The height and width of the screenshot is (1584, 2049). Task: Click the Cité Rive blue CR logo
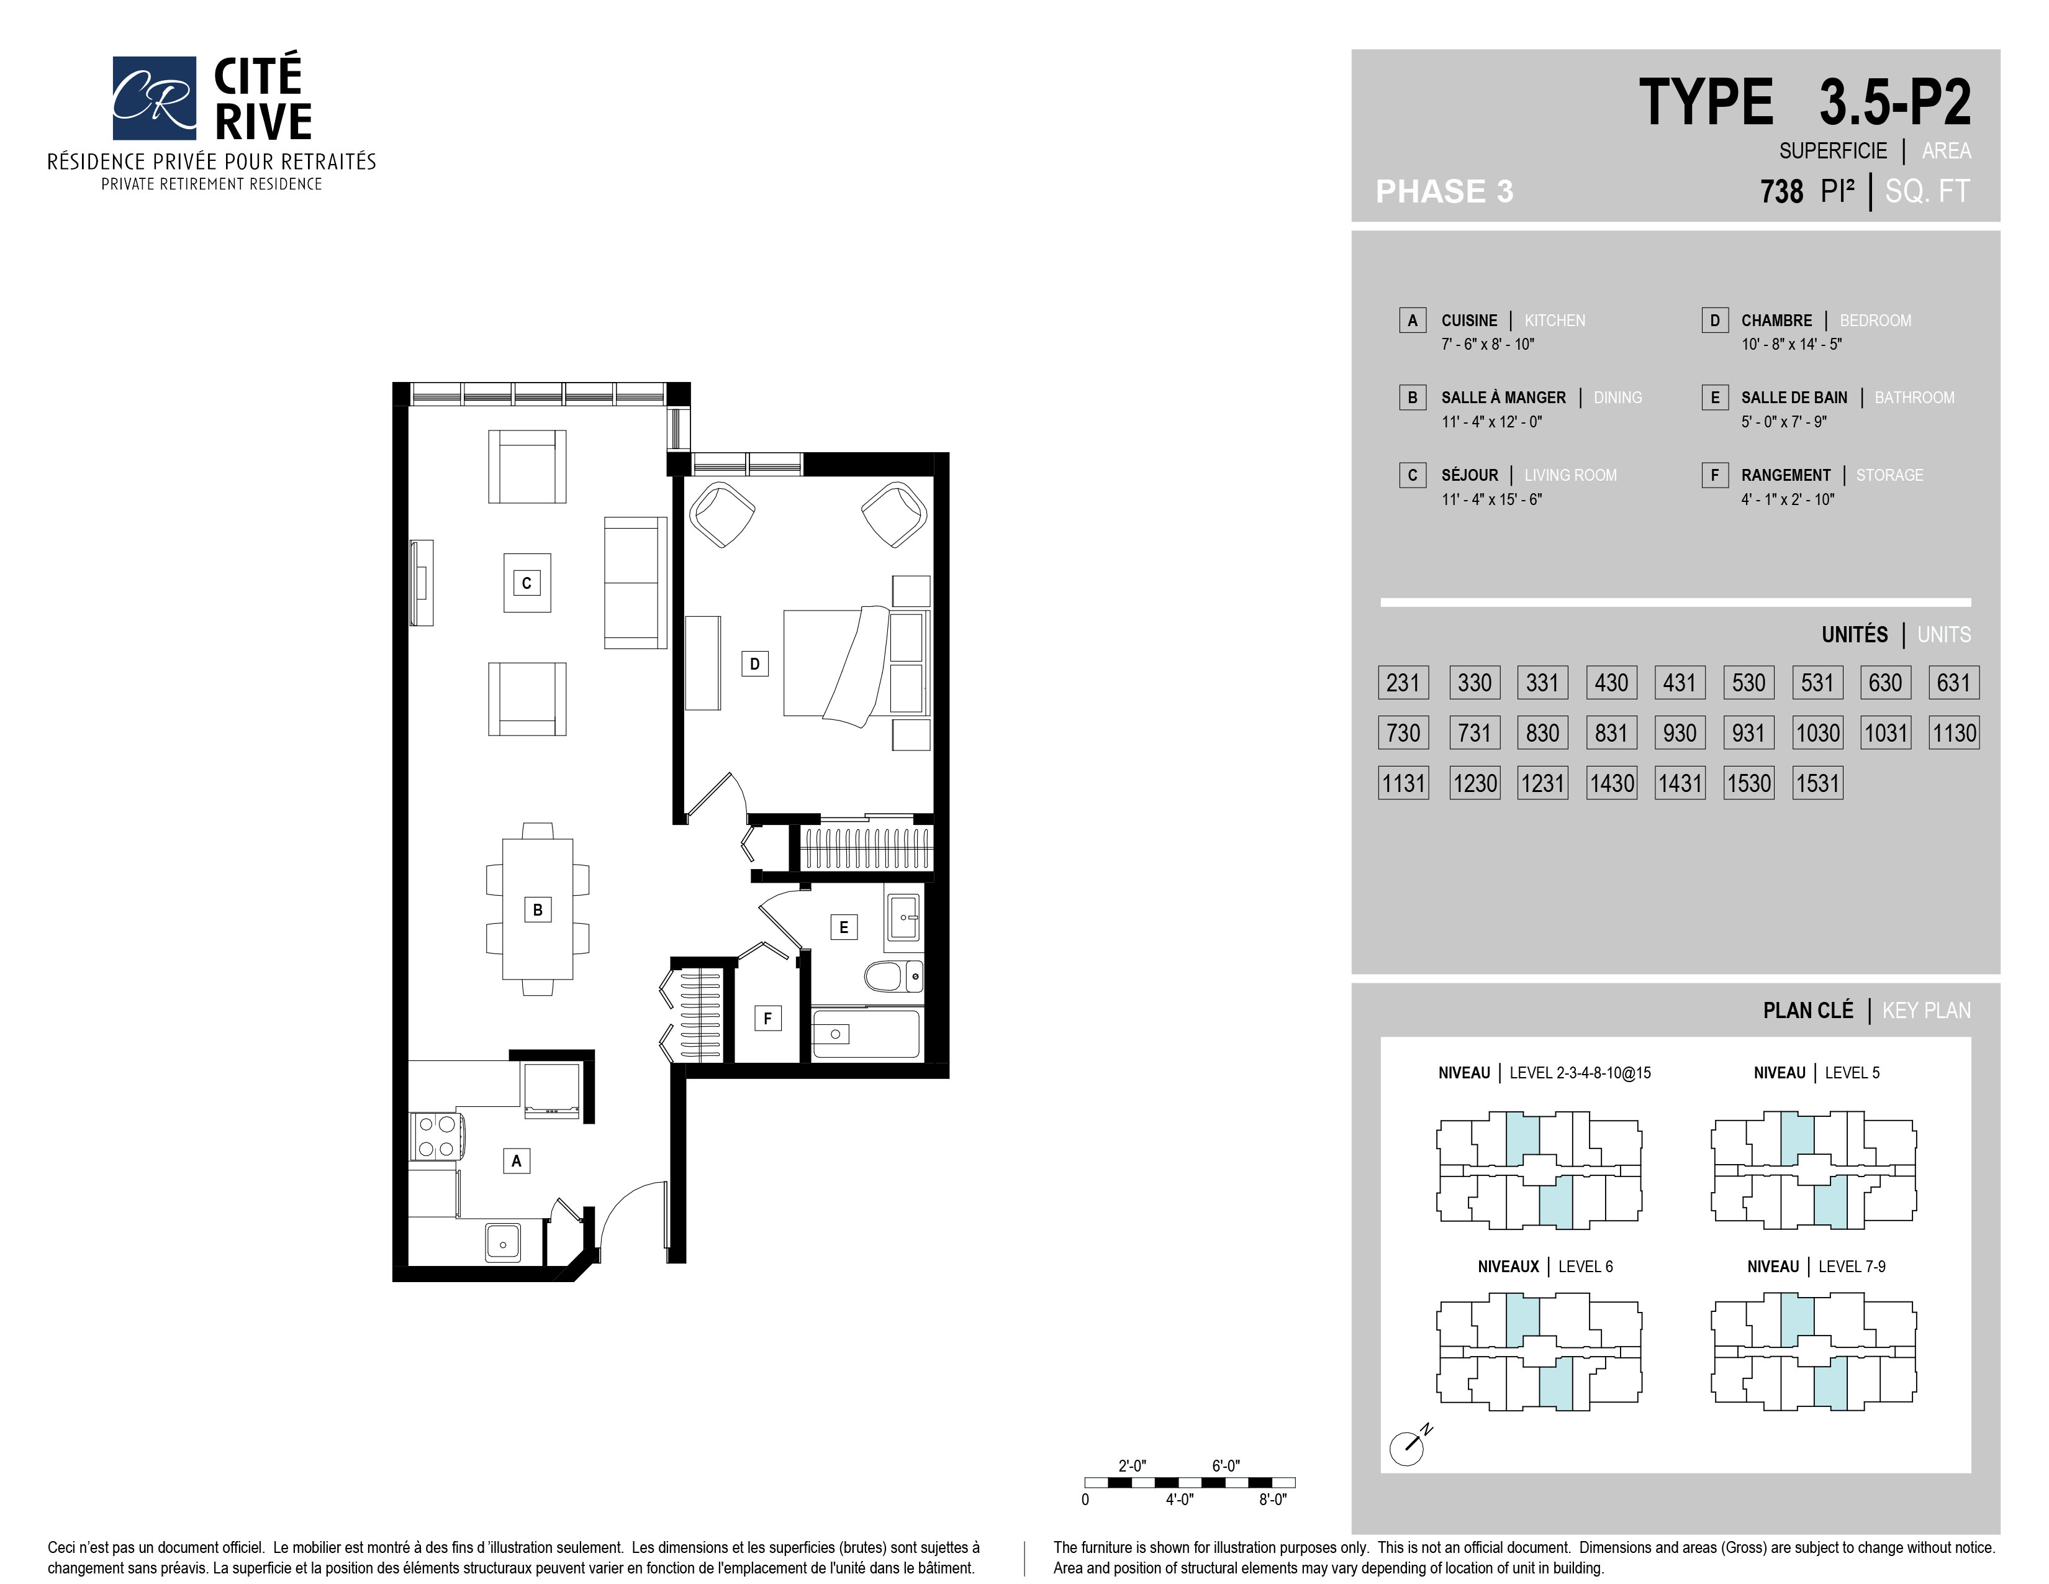154,98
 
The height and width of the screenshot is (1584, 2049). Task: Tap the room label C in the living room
527,583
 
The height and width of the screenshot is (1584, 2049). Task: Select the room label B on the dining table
538,909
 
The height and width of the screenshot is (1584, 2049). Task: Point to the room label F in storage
767,1018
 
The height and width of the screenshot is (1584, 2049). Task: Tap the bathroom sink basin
903,917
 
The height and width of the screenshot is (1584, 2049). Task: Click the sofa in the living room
635,582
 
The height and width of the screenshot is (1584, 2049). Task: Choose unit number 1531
1817,783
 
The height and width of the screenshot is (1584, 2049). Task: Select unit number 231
1403,682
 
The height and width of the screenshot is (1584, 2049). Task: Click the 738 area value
1781,191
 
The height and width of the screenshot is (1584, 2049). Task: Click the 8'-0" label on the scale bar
1272,1500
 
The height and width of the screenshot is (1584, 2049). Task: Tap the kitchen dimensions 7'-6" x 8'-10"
1488,344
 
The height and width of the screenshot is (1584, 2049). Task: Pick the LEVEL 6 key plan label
1586,1267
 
